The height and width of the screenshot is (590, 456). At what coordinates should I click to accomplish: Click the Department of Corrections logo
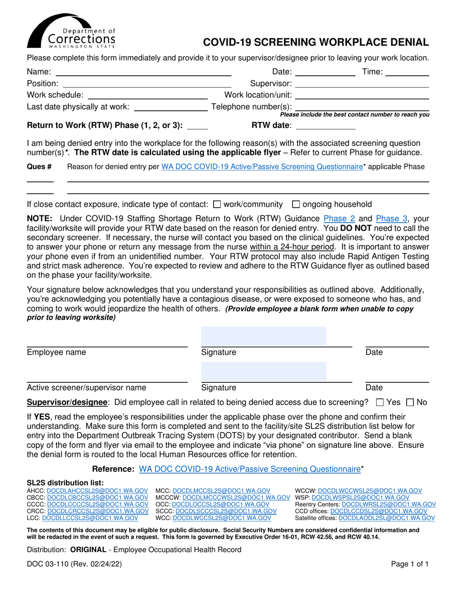click(x=71, y=31)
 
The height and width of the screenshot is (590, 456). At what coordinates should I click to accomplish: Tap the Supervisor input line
click(x=364, y=83)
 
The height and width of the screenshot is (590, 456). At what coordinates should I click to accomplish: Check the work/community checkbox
click(x=216, y=204)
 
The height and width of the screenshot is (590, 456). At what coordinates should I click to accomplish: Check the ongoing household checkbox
click(x=296, y=204)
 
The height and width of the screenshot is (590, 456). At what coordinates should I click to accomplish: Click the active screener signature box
click(x=263, y=372)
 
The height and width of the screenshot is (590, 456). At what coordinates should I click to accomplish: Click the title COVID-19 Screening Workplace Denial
click(x=316, y=42)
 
